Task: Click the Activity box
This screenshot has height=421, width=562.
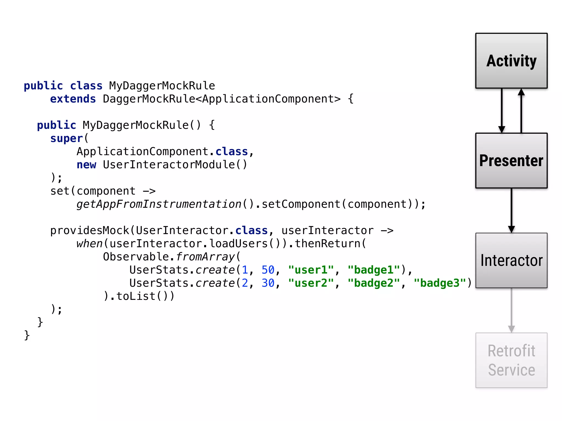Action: click(x=511, y=61)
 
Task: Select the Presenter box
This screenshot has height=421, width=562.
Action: click(x=511, y=161)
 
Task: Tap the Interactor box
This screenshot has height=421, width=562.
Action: click(x=511, y=260)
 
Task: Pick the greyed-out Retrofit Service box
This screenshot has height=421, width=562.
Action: click(x=511, y=360)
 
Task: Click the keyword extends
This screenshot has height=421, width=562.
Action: click(x=73, y=99)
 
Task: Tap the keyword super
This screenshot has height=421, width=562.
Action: click(x=66, y=138)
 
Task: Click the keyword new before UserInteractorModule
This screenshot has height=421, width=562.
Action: click(x=86, y=165)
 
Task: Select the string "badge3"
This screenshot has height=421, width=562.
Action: click(x=440, y=283)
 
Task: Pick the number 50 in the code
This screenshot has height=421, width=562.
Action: click(x=268, y=270)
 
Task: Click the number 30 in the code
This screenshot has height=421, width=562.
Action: click(x=268, y=283)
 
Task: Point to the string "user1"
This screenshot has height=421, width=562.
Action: click(x=311, y=270)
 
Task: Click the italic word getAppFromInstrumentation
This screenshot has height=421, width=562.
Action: click(x=159, y=204)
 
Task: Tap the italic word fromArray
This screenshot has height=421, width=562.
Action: click(x=205, y=257)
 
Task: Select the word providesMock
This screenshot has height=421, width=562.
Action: click(x=90, y=231)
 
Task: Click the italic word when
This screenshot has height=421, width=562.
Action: click(x=89, y=244)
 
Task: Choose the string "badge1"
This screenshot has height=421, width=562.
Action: click(x=374, y=270)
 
